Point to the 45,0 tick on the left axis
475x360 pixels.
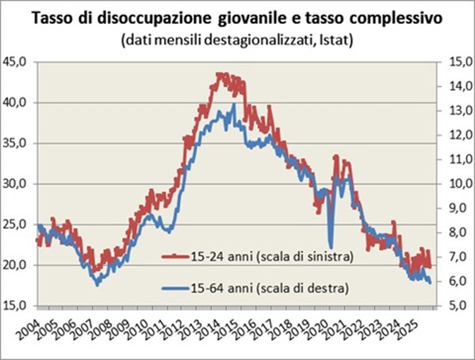tap(16, 62)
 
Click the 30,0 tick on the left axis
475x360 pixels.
tap(16, 184)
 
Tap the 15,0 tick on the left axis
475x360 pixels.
tap(16, 306)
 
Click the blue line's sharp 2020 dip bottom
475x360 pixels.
tap(330, 247)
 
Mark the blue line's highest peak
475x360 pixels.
tap(234, 105)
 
